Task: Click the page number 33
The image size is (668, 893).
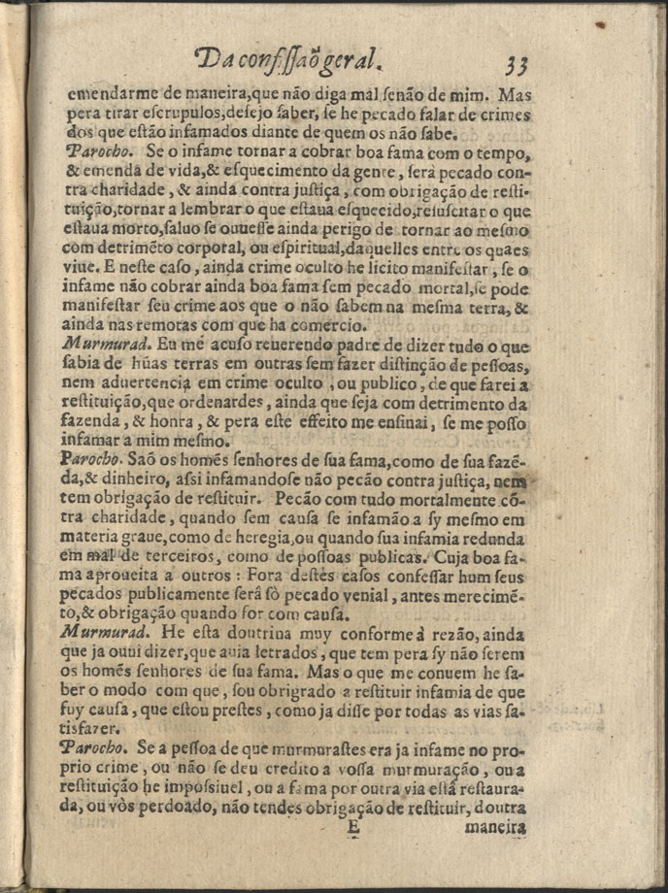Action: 516,64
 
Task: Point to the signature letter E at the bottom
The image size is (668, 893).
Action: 352,828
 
